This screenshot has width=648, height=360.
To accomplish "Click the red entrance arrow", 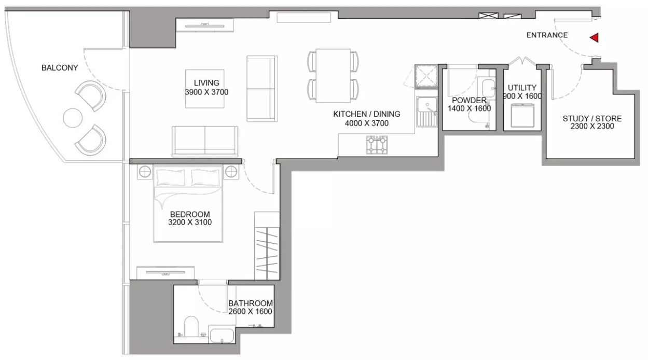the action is tap(595, 38).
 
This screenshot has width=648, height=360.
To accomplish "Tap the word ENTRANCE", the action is tap(547, 35).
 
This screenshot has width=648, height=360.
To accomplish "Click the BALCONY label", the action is tap(60, 67).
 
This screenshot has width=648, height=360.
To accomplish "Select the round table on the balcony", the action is tap(73, 118).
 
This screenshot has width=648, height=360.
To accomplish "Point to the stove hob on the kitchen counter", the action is tap(377, 145).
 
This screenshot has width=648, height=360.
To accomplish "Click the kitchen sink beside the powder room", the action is tap(427, 112).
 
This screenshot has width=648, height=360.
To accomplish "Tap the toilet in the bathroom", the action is tap(191, 327).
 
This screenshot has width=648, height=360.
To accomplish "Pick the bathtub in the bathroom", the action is tap(222, 336).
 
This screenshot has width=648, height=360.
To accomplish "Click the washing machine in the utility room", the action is tap(522, 115).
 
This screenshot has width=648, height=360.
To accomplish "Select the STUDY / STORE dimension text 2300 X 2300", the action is tap(592, 127).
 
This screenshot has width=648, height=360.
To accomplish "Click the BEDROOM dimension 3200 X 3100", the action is tap(190, 223).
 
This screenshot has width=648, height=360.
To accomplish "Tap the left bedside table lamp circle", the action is tap(145, 172).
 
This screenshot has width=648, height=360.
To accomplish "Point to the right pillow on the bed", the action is tap(205, 177).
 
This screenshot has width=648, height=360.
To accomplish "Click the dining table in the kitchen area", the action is tap(333, 76).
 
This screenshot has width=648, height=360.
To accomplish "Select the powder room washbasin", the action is tap(488, 88).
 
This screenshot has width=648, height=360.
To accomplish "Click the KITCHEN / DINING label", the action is tap(366, 114).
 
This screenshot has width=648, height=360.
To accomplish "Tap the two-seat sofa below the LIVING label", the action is tap(205, 142).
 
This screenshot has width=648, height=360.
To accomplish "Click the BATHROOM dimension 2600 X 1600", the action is tap(250, 311).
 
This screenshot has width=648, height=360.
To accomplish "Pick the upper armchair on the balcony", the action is tap(91, 95).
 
